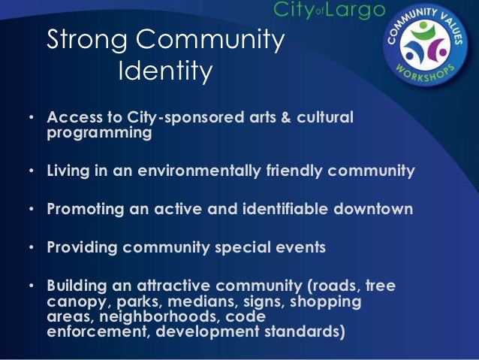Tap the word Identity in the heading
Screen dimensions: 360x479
(x=166, y=72)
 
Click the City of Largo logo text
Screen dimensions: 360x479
(x=329, y=10)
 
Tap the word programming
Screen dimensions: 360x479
(x=99, y=134)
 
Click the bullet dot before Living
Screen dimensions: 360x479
(x=31, y=171)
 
